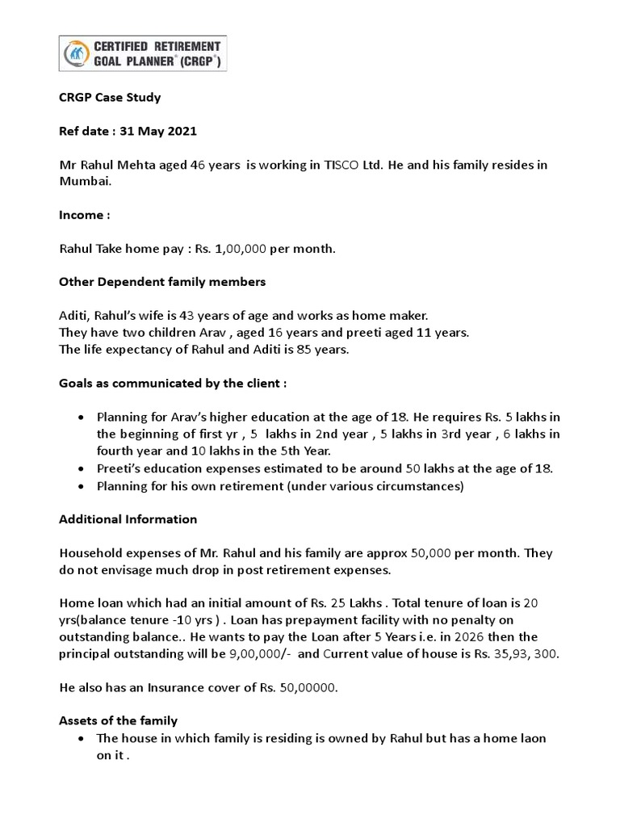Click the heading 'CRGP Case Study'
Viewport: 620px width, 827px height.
point(110,98)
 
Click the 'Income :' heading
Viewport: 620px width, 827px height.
point(85,216)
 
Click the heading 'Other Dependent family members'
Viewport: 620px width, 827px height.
point(162,283)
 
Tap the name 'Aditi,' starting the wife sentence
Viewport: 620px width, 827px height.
point(77,317)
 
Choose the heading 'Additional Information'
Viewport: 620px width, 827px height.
point(128,519)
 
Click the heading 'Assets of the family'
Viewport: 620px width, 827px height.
point(118,720)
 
